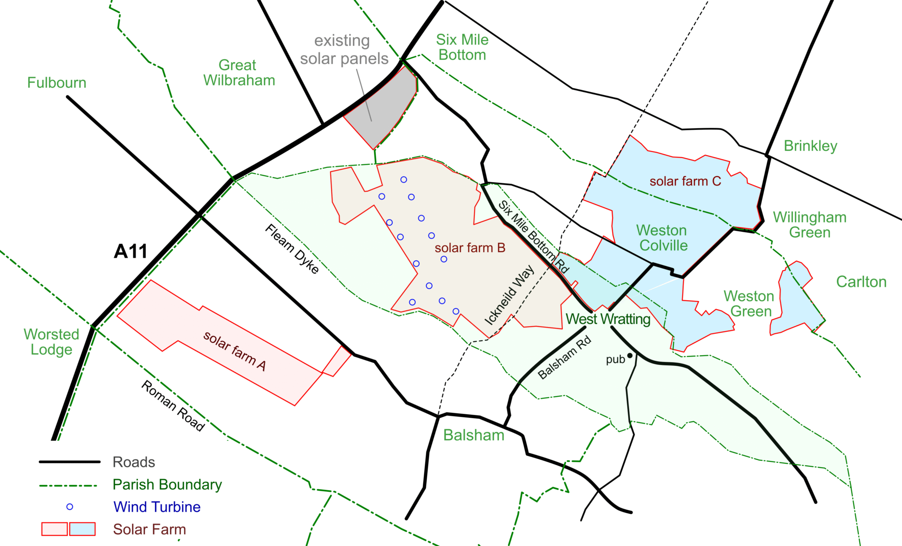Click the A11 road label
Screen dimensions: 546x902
click(130, 252)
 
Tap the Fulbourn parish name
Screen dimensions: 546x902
click(57, 83)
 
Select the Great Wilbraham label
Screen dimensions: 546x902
click(239, 73)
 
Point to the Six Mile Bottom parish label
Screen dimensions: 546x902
click(462, 47)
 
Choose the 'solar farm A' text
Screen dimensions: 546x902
click(234, 351)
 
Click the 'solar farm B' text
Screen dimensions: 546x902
click(469, 248)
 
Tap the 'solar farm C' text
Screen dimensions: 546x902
click(685, 181)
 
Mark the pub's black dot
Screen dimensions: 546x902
click(630, 355)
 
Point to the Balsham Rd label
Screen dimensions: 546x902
click(565, 358)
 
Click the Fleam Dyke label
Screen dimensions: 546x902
click(292, 249)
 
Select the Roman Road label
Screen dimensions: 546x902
click(173, 406)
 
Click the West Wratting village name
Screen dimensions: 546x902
click(608, 319)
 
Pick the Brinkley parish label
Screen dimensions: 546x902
click(810, 146)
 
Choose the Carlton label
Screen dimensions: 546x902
click(861, 282)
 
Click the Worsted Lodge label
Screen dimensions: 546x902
click(52, 342)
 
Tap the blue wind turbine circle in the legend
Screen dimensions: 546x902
click(70, 507)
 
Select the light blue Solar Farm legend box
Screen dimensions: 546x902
click(82, 529)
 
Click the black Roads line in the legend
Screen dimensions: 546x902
click(70, 462)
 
